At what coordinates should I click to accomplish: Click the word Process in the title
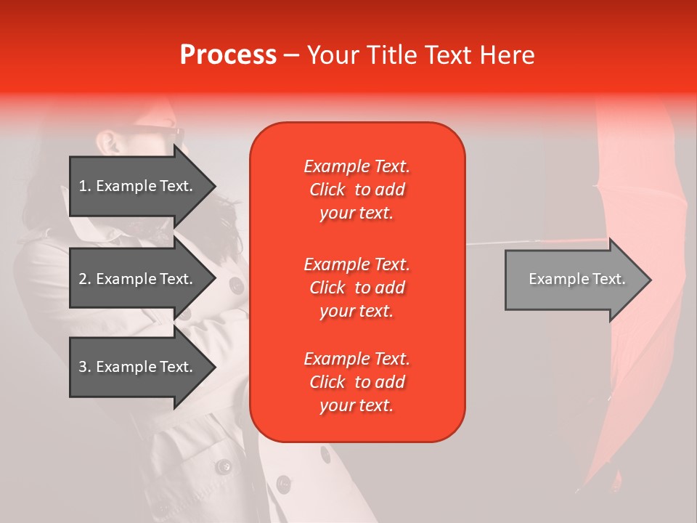pyautogui.click(x=228, y=55)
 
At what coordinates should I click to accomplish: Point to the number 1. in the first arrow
pyautogui.click(x=85, y=186)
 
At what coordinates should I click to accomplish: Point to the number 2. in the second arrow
pyautogui.click(x=85, y=279)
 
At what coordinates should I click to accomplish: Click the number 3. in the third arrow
pyautogui.click(x=85, y=367)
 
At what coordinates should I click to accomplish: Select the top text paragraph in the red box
pyautogui.click(x=356, y=190)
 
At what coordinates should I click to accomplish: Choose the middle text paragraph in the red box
pyautogui.click(x=356, y=288)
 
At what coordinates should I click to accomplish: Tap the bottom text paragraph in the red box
pyautogui.click(x=356, y=382)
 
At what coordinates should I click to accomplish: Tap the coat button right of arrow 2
pyautogui.click(x=236, y=285)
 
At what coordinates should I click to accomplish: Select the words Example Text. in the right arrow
pyautogui.click(x=577, y=279)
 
